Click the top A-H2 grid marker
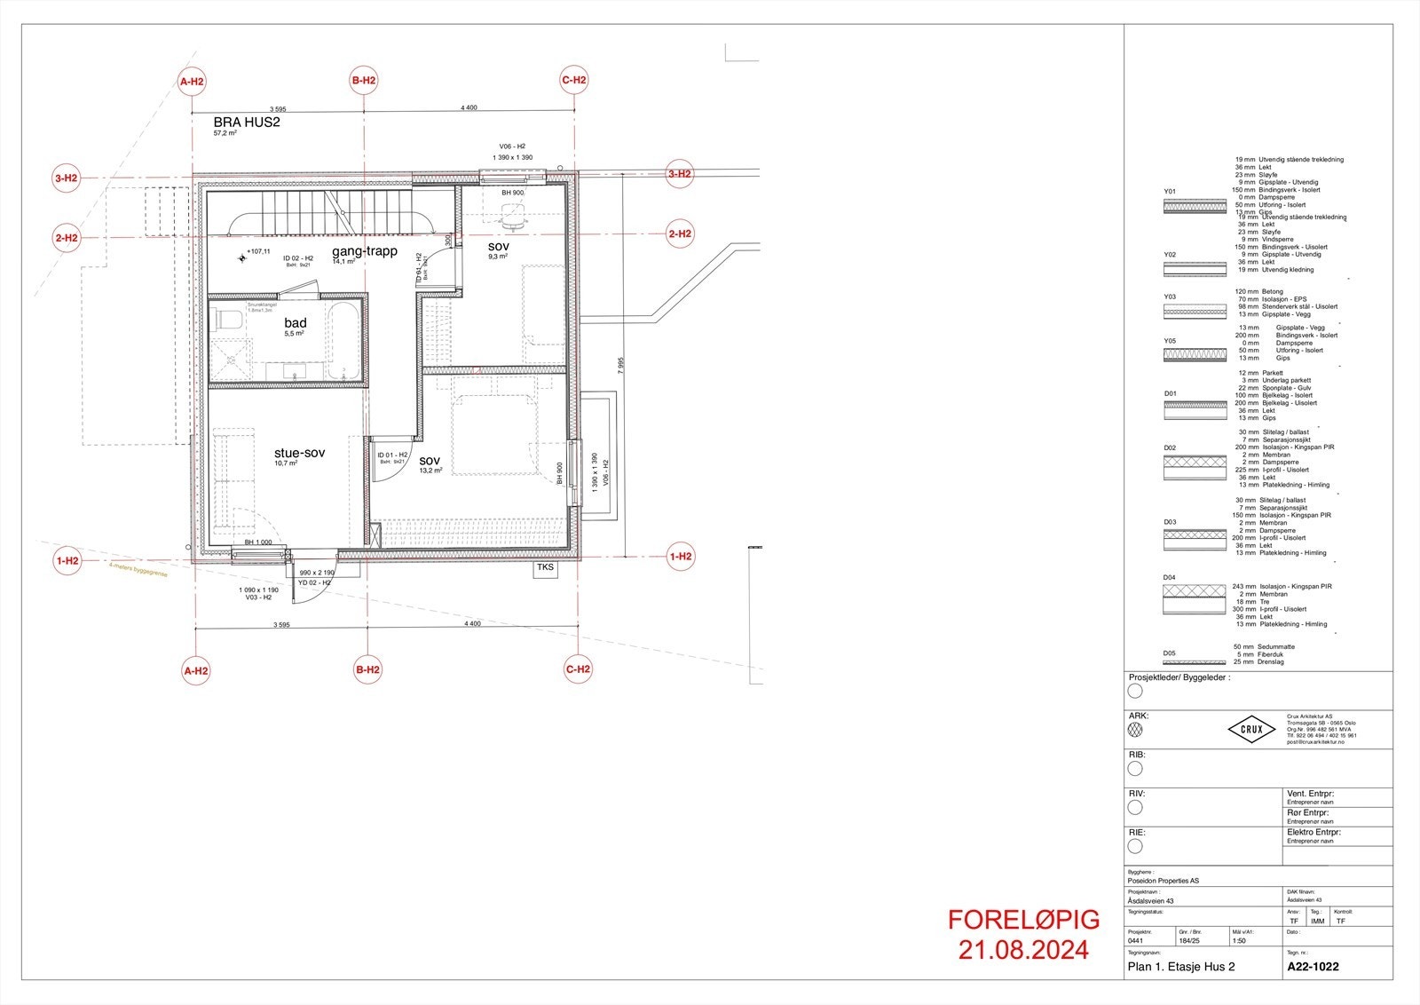(x=192, y=83)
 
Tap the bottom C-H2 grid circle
(x=578, y=669)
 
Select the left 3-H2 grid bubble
(x=67, y=178)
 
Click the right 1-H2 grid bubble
(x=680, y=557)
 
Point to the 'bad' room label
(x=296, y=323)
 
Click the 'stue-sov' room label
(x=299, y=453)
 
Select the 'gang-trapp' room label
(x=365, y=251)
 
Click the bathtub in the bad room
(x=342, y=342)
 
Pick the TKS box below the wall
(x=545, y=568)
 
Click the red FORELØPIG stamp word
(x=1023, y=920)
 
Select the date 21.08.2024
(x=1023, y=950)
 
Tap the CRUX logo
(x=1251, y=730)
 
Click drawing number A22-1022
(x=1313, y=967)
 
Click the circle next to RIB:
(x=1135, y=769)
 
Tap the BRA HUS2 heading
(x=247, y=122)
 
